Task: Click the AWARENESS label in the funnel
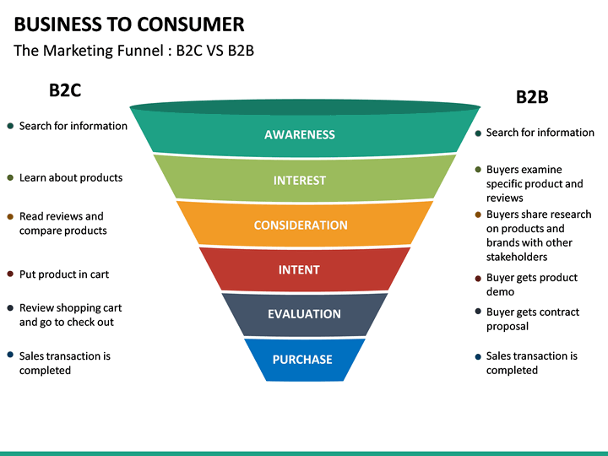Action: pos(300,134)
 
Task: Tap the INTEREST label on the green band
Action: pos(300,180)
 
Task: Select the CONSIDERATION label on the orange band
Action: pos(301,225)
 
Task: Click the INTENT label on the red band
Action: pos(299,270)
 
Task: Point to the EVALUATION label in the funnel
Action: pos(304,314)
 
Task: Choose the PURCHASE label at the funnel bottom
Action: pos(302,360)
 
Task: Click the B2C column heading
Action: pos(64,90)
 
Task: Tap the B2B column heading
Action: pos(532,97)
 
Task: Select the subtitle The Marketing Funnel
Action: pos(134,51)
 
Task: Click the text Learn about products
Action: pos(71,177)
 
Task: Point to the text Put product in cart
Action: pos(64,274)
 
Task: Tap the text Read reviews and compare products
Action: pos(63,224)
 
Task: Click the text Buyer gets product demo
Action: pos(532,285)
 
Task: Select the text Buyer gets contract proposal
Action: pos(533,319)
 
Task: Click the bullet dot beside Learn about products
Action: pos(10,177)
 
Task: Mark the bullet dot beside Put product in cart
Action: pos(10,274)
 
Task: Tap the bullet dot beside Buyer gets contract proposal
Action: pos(478,312)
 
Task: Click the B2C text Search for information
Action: pos(73,126)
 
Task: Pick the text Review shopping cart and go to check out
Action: pos(67,315)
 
